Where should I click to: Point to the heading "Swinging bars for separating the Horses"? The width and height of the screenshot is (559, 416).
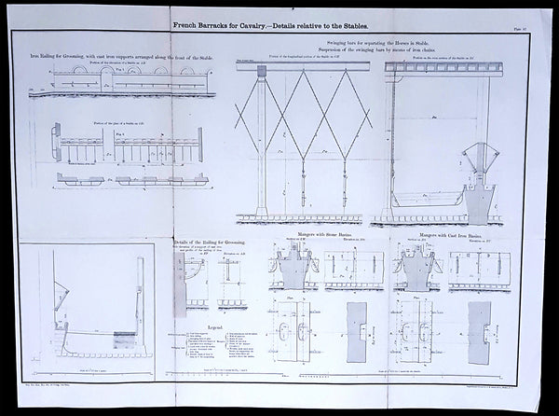point(373,43)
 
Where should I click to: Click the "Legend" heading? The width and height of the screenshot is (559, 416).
point(214,327)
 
